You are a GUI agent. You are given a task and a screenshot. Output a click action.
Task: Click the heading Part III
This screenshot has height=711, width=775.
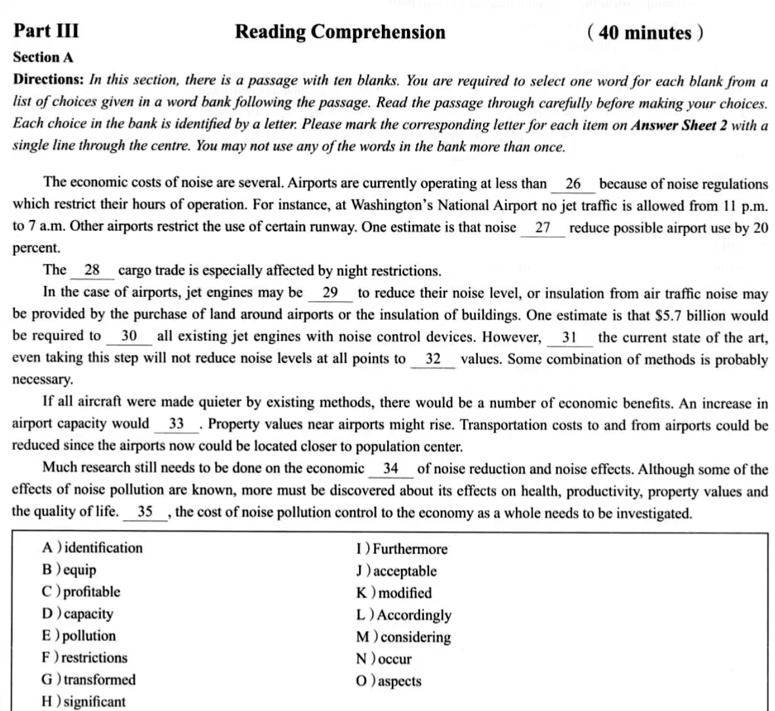[46, 31]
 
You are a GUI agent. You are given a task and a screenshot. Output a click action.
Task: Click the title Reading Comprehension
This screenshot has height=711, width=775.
[340, 32]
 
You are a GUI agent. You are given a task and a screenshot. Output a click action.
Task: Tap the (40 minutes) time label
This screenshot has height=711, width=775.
[645, 32]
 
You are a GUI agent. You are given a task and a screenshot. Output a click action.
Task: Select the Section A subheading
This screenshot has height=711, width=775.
[43, 58]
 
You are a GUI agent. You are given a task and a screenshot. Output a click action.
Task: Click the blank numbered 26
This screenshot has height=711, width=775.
[573, 184]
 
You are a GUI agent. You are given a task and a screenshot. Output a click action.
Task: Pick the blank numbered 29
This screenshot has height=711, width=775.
[330, 293]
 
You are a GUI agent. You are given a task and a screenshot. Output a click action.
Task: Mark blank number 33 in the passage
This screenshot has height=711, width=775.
[176, 424]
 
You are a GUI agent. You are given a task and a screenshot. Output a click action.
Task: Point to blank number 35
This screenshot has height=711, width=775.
[145, 512]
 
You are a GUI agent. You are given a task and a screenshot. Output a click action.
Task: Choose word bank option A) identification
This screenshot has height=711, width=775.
[92, 548]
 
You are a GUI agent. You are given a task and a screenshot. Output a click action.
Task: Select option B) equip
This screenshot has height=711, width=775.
[69, 570]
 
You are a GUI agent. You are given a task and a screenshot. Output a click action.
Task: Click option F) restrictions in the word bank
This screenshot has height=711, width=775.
[85, 657]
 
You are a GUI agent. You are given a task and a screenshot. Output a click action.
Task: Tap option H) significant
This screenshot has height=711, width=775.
[83, 701]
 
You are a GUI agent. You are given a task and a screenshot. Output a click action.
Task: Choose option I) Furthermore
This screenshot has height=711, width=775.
[402, 549]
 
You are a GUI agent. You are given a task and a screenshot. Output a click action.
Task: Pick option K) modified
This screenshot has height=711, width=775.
[394, 593]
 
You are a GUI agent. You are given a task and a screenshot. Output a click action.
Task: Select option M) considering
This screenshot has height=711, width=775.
[404, 637]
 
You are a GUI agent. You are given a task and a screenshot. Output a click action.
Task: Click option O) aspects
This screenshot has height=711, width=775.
[389, 681]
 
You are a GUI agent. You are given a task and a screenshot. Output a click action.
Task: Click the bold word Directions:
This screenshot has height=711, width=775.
[48, 80]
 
